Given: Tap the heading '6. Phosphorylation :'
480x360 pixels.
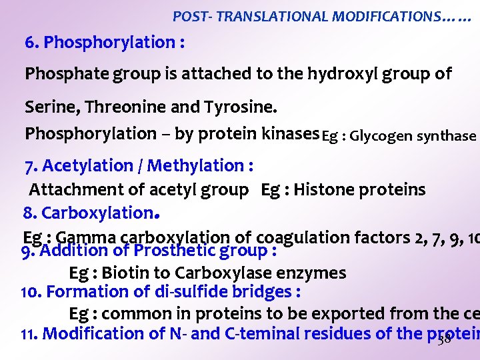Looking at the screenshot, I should pos(105,43).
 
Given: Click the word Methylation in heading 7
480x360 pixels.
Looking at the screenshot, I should pos(199,165).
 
